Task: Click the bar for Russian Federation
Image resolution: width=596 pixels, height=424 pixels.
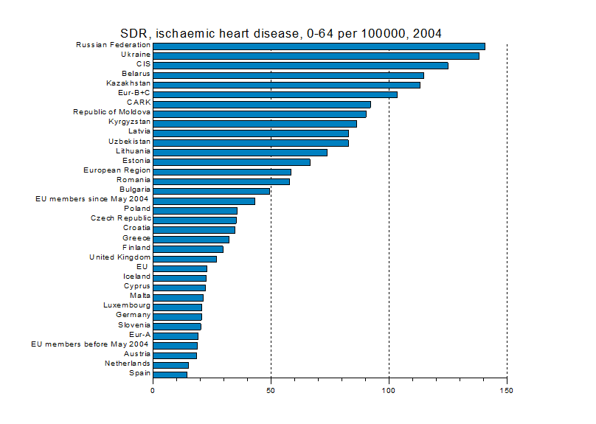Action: tap(319, 46)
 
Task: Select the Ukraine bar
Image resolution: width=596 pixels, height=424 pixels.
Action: tap(316, 56)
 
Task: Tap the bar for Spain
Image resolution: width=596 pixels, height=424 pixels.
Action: tap(170, 375)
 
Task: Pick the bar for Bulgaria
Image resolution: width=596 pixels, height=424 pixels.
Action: tap(212, 191)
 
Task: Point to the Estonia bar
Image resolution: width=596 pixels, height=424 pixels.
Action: tap(232, 162)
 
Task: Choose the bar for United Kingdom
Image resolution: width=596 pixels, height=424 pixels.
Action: tap(184, 259)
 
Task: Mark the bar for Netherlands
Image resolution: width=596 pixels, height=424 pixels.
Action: tap(170, 365)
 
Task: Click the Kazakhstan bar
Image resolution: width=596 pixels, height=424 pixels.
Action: tap(287, 85)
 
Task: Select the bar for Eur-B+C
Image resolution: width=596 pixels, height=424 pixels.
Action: tap(275, 94)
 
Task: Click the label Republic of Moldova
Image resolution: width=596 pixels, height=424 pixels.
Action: tap(112, 112)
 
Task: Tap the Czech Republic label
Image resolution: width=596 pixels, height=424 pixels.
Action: tap(121, 218)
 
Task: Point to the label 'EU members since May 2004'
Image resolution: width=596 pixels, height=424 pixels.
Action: tap(92, 199)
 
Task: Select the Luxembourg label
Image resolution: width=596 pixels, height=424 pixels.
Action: tap(127, 305)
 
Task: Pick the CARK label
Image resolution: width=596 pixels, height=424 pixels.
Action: tap(139, 102)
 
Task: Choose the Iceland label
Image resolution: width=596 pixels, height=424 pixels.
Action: tap(137, 277)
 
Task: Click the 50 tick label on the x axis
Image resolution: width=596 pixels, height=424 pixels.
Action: tap(271, 391)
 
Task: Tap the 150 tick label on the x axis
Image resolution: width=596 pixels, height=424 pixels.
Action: tap(507, 391)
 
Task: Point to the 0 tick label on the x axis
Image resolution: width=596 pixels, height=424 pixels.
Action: tap(153, 391)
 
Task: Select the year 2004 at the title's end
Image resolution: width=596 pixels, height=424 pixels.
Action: tap(427, 34)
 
